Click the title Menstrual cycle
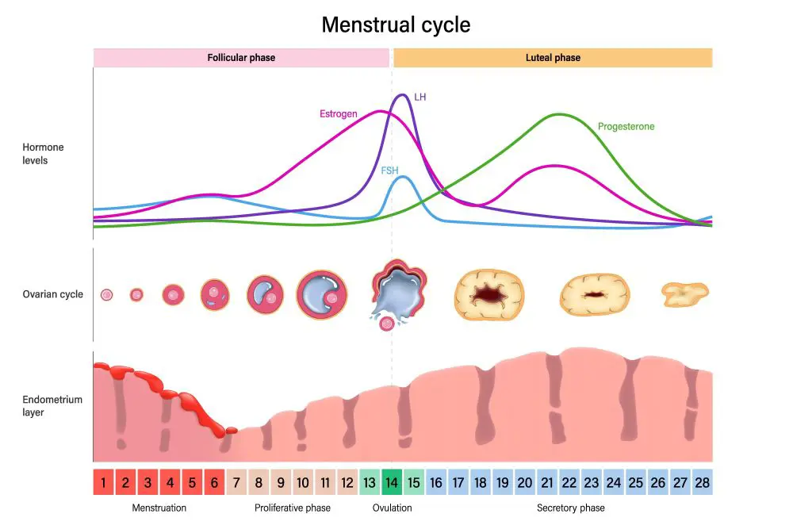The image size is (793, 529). coord(396,25)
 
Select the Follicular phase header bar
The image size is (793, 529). coord(241,58)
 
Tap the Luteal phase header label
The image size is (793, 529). coord(553,58)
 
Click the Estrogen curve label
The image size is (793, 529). coord(338,114)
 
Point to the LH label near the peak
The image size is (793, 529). coord(420,97)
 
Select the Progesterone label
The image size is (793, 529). coord(626,127)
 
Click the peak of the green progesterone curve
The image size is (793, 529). coord(560,114)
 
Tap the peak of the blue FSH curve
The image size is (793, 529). coord(403,177)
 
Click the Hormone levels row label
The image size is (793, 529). coord(43,154)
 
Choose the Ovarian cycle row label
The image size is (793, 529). coord(52,294)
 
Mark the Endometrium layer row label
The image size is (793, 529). coord(52,406)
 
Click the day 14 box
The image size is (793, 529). coord(392,482)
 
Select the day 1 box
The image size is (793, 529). coord(104,482)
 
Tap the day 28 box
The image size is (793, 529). coord(702,482)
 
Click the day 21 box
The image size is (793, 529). coord(546,482)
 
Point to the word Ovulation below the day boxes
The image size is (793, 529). coord(392,508)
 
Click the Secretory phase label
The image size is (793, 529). coord(570,508)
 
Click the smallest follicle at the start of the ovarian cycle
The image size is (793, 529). coord(106,295)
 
